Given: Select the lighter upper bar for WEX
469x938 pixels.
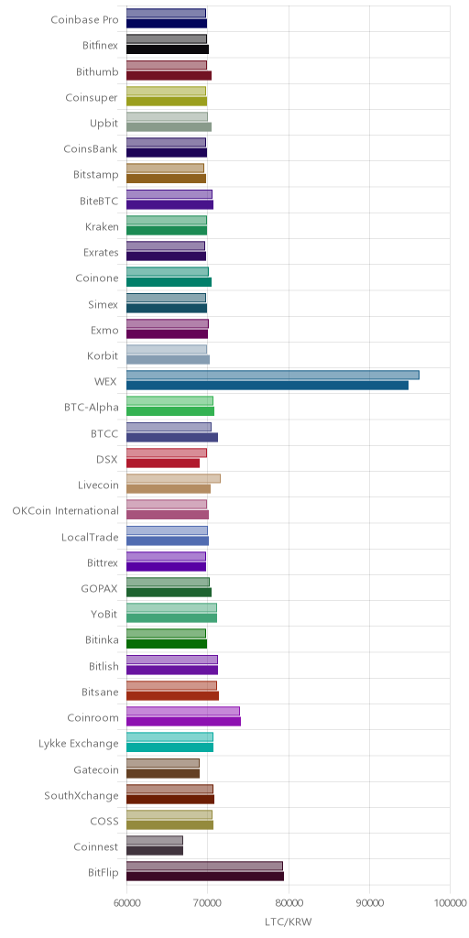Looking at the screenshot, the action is (x=273, y=375).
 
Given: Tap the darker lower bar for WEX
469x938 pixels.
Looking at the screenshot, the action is (x=267, y=386).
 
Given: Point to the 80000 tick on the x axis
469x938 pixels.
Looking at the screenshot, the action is (x=289, y=901).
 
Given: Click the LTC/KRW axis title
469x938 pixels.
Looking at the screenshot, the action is (x=289, y=922).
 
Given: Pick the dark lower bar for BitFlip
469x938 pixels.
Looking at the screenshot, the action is (x=205, y=877).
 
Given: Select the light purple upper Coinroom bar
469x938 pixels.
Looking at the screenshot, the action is (x=183, y=711).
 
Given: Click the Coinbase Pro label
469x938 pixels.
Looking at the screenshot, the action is (x=84, y=20).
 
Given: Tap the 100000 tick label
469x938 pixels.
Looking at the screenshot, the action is (x=450, y=901).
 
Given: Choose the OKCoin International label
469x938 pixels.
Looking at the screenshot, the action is (x=66, y=511).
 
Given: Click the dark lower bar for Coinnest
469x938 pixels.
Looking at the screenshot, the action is (x=155, y=851).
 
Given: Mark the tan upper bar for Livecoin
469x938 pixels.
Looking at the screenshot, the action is (x=173, y=478).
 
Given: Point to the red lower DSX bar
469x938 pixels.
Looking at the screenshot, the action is (x=163, y=463).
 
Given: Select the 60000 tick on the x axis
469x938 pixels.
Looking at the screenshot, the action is (x=126, y=901).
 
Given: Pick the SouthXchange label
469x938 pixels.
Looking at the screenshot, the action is (x=82, y=796).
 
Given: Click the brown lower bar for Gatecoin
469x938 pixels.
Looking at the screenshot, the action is (x=163, y=773).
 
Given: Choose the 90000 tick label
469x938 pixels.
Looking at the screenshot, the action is (x=369, y=901).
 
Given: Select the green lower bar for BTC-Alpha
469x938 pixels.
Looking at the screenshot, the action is (x=170, y=411).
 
